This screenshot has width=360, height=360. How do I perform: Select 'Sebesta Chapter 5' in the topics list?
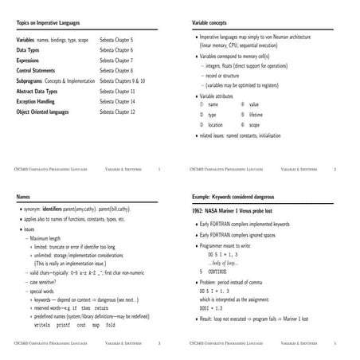click(116, 39)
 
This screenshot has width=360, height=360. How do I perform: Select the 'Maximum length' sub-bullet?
click(49, 237)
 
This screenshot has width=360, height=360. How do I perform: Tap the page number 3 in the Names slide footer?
click(159, 343)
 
